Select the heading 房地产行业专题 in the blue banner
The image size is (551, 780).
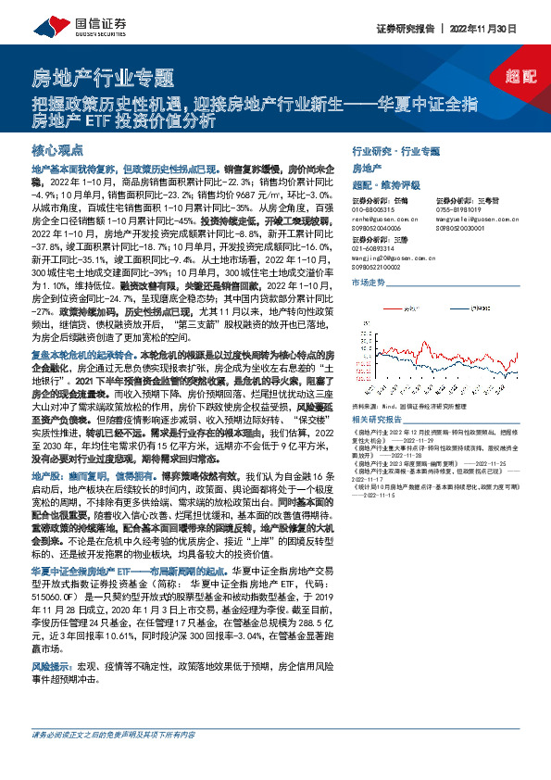coord(102,77)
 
